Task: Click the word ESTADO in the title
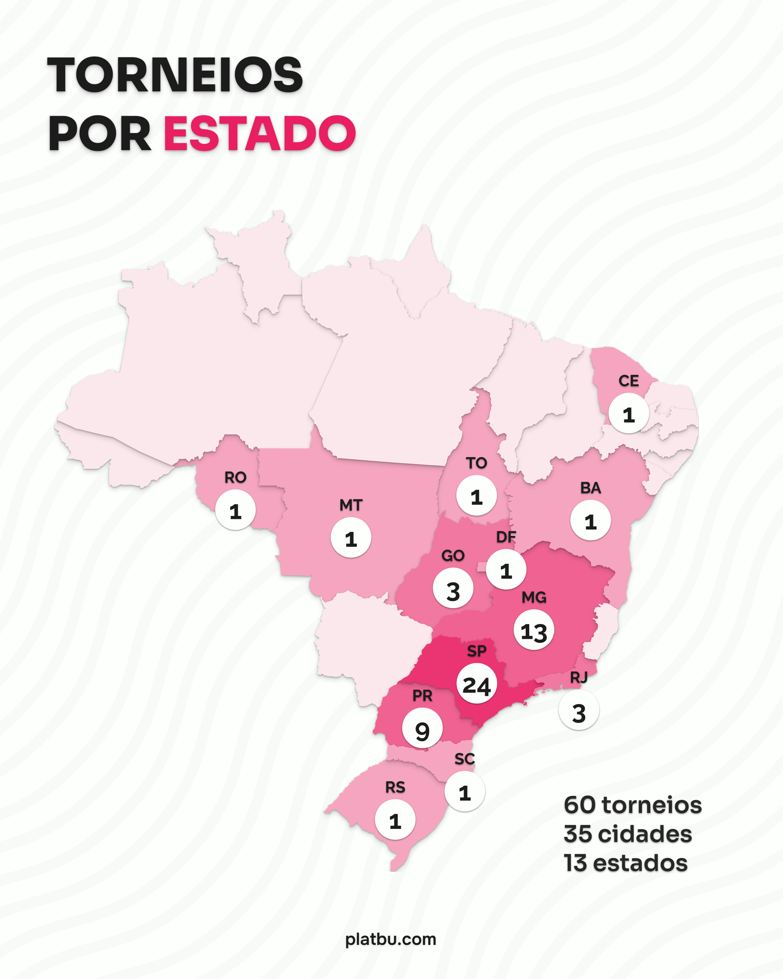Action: [259, 133]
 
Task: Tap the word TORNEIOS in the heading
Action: [175, 75]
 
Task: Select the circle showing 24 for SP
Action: [477, 683]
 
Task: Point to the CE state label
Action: [629, 381]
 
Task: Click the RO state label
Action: [235, 477]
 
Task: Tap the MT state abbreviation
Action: [351, 505]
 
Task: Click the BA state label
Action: [591, 488]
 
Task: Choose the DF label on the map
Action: [506, 537]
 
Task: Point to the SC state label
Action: [464, 759]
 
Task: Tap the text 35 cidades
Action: [627, 834]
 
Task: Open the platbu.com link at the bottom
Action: [391, 939]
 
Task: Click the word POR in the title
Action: [100, 133]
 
